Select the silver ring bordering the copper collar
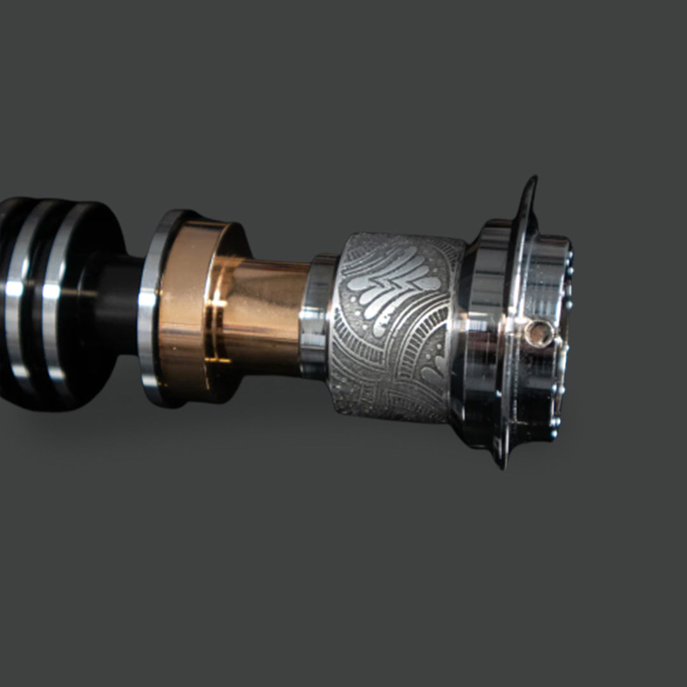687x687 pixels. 150,305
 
